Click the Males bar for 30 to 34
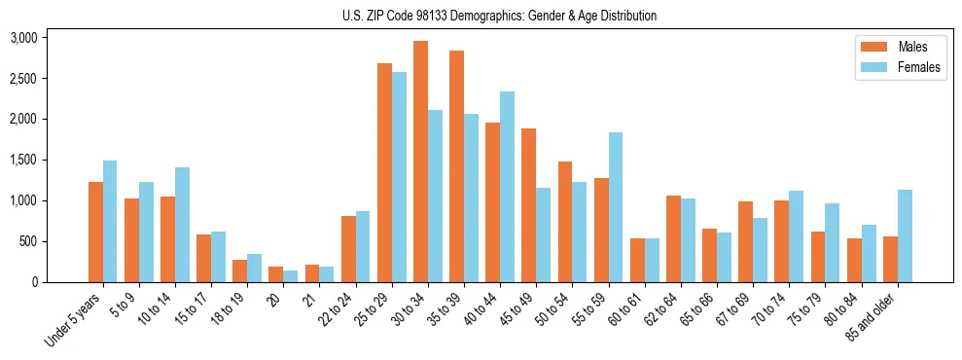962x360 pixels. (420, 162)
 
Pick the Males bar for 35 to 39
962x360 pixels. (456, 166)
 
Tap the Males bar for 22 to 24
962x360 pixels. (348, 249)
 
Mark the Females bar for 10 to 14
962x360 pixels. (182, 225)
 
